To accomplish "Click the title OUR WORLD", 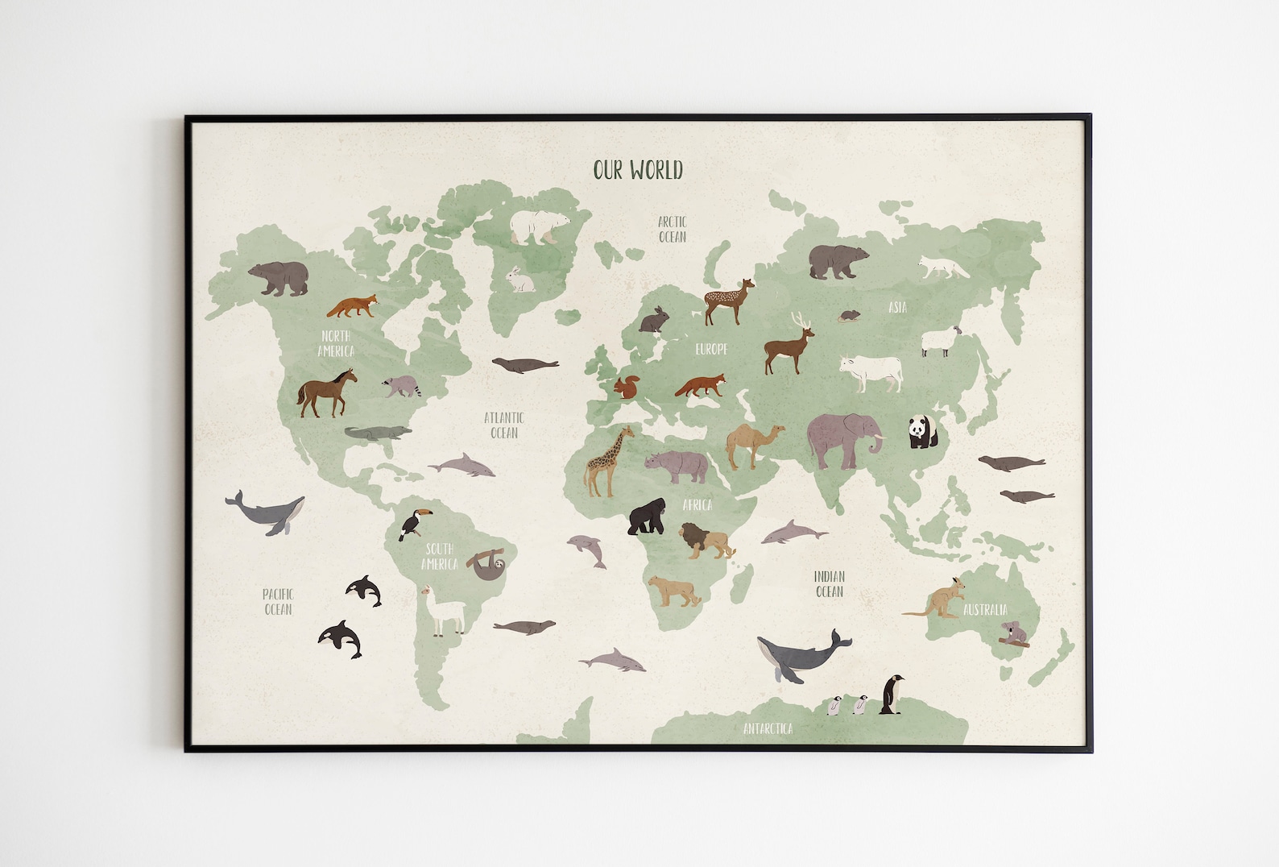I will coord(638,170).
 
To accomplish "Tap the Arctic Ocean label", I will coord(673,229).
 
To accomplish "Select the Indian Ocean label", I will coord(829,584).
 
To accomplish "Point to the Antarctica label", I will coord(768,728).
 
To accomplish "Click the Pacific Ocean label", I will coord(278,602).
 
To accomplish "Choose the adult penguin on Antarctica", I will coord(890,694).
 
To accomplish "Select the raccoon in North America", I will coord(400,385).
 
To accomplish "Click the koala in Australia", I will coord(1012,633).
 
